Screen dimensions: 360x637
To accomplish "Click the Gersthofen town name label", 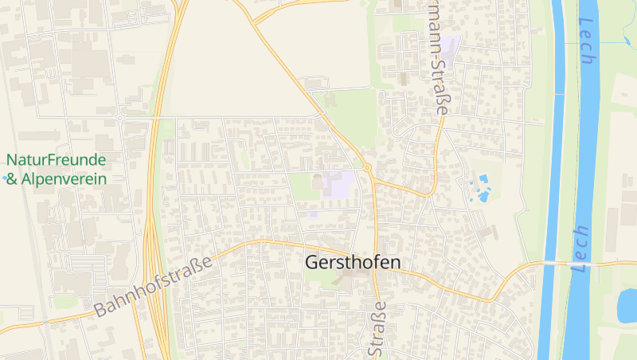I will tap(353, 263).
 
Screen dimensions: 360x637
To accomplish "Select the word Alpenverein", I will tap(64, 179).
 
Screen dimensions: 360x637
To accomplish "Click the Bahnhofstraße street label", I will tap(154, 286).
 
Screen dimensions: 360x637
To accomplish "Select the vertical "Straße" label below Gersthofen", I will tap(377, 328).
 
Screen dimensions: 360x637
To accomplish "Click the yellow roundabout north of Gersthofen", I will tap(367, 168).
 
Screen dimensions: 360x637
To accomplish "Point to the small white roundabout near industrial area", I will tap(119, 118).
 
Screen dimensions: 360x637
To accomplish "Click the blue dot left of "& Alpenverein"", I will tap(5, 178).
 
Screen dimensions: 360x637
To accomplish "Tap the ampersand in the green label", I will tap(11, 179).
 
